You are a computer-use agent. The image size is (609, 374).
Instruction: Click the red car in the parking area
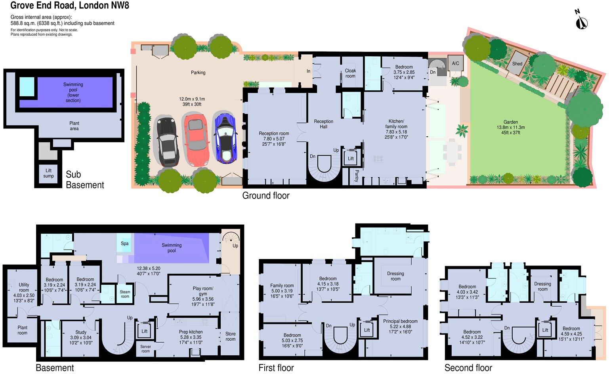(196, 140)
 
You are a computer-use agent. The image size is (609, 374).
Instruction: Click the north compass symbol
(581, 21)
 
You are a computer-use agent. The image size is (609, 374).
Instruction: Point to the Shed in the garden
(517, 64)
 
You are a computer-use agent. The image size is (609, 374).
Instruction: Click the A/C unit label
(455, 63)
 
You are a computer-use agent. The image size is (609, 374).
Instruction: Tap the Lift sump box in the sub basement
(48, 174)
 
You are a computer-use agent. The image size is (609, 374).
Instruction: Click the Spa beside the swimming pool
(124, 244)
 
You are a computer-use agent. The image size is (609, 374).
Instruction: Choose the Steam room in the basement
(125, 294)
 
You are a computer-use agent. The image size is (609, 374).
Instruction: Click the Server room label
(145, 349)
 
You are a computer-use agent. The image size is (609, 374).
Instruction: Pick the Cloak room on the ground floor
(350, 73)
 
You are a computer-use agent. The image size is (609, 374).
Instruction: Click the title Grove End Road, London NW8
(70, 6)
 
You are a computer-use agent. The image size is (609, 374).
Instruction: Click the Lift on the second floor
(545, 330)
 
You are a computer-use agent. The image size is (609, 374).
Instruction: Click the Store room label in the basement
(230, 336)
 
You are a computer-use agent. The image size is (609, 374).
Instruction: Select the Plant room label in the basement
(23, 330)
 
